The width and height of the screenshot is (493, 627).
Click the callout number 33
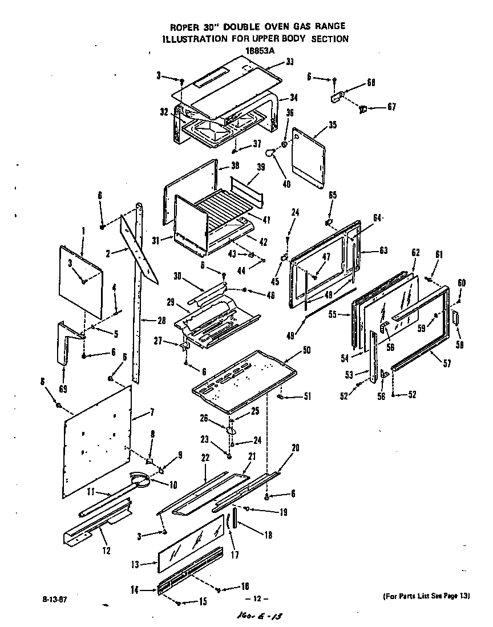290,62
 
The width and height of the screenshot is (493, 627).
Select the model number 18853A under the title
244,51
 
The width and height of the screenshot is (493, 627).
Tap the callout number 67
391,107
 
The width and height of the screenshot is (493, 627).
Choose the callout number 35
333,126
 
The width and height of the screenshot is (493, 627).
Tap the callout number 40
286,184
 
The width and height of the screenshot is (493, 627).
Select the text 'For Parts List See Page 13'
425,596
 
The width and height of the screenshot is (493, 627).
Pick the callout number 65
333,195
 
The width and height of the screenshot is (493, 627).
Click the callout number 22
205,458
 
